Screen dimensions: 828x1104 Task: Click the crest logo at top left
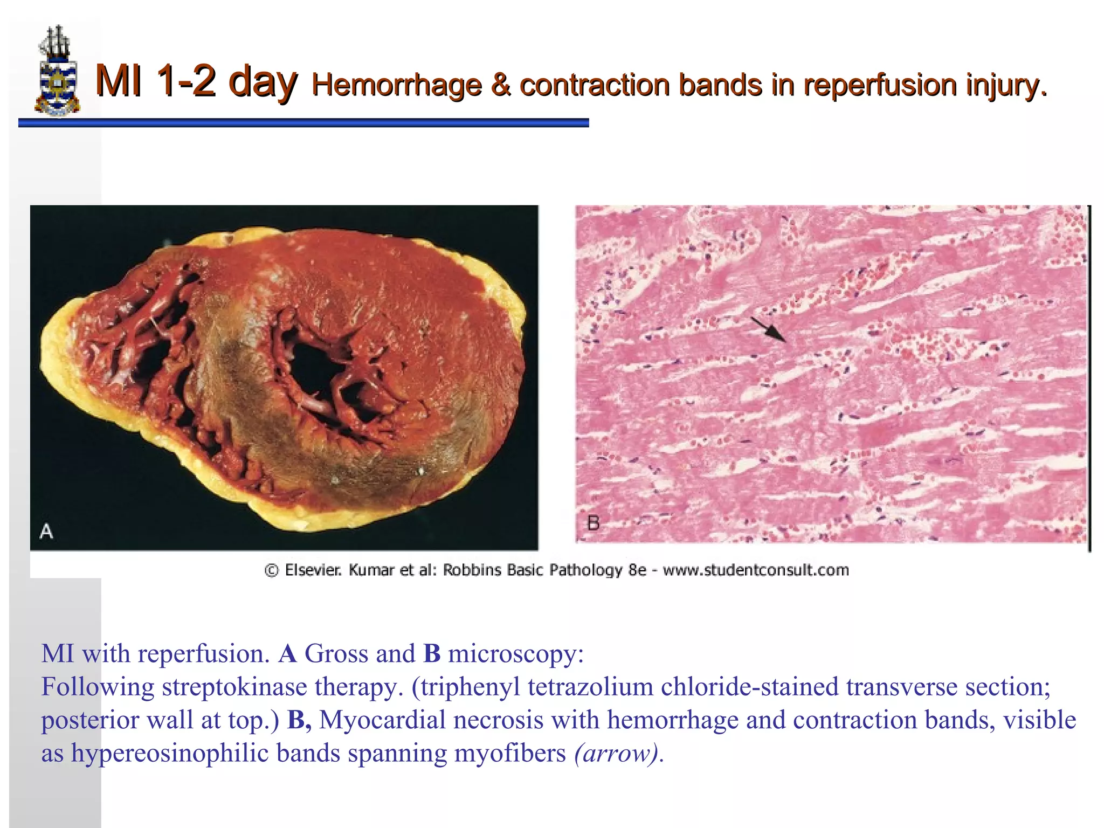pyautogui.click(x=57, y=71)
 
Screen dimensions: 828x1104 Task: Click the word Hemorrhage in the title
pyautogui.click(x=396, y=85)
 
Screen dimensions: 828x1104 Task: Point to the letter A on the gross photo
pyautogui.click(x=46, y=532)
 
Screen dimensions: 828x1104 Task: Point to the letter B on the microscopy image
pyautogui.click(x=593, y=523)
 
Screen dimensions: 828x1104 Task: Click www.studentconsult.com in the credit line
pyautogui.click(x=756, y=570)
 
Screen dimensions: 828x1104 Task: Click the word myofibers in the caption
pyautogui.click(x=510, y=754)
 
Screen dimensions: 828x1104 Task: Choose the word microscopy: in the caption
pyautogui.click(x=515, y=654)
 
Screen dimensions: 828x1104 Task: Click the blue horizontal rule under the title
pyautogui.click(x=303, y=123)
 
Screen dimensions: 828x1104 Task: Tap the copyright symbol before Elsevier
pyautogui.click(x=272, y=570)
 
